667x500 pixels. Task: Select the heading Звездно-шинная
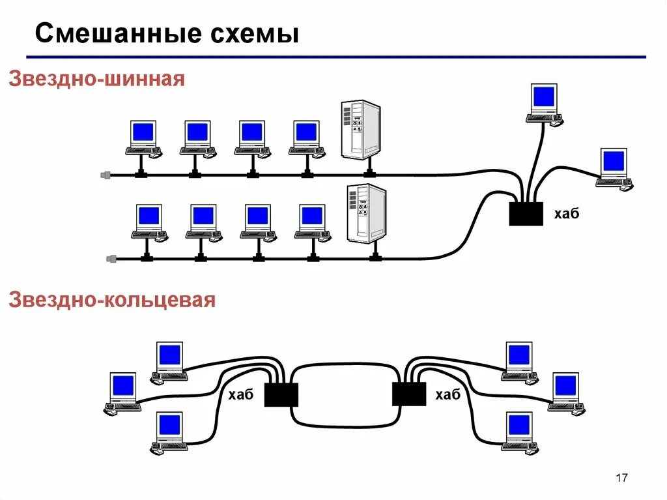(x=96, y=80)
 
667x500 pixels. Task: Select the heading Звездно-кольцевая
(x=111, y=301)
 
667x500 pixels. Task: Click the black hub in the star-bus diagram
(x=526, y=213)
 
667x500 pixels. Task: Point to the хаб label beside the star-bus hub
(x=566, y=214)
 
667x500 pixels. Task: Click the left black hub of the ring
(x=281, y=394)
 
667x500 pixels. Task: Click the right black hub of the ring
(x=409, y=394)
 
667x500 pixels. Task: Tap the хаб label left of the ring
(x=241, y=395)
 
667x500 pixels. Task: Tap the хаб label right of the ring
(x=447, y=395)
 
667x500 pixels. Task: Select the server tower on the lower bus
(x=366, y=213)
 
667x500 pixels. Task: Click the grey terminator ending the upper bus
(x=106, y=175)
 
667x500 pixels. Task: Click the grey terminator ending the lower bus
(x=111, y=259)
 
